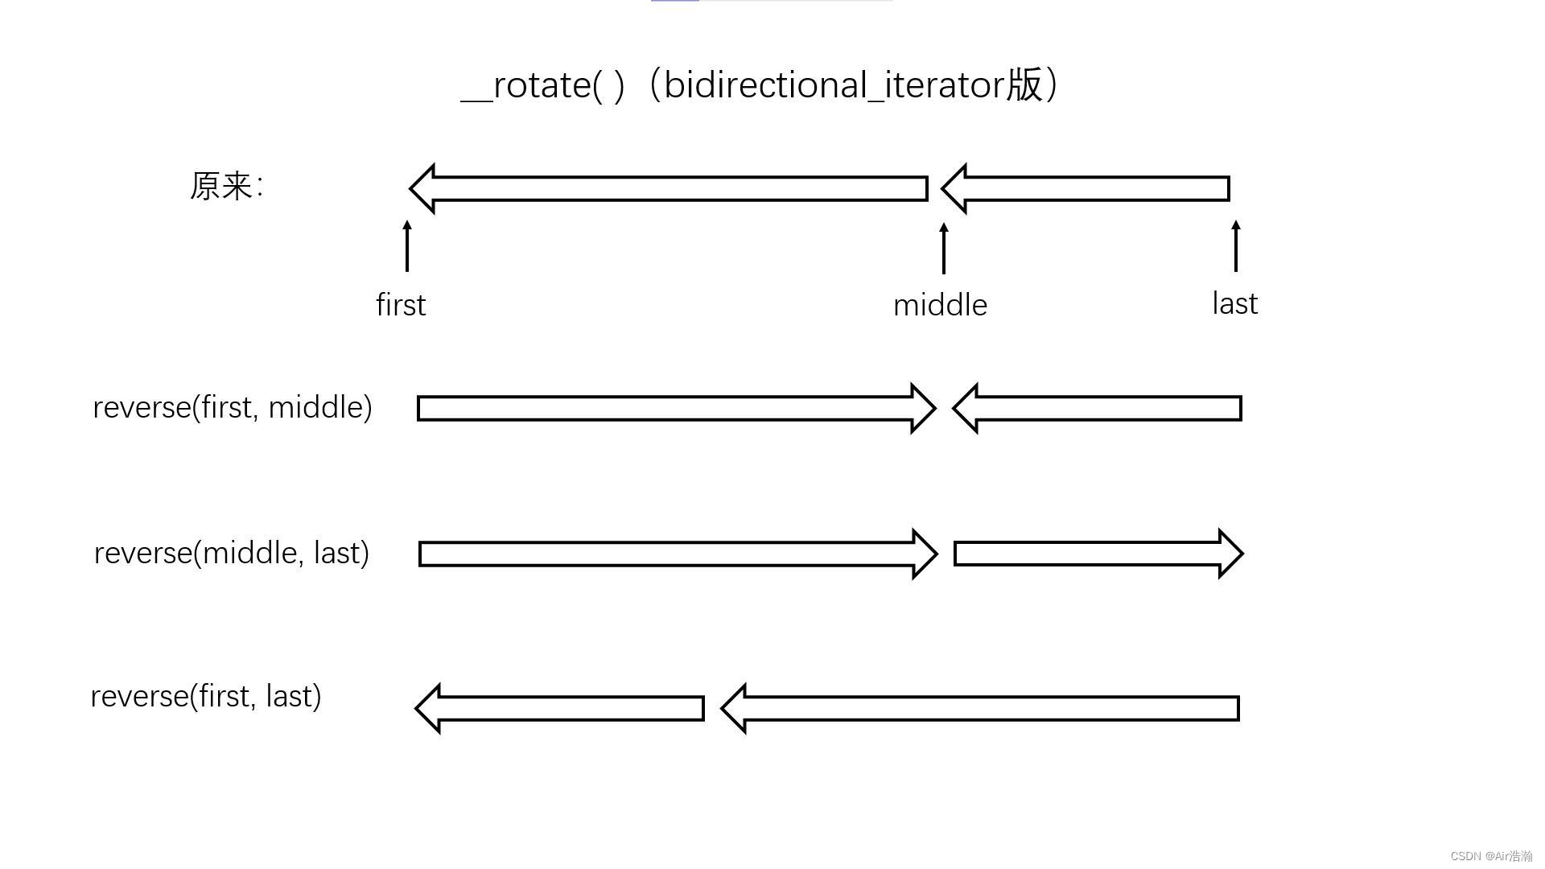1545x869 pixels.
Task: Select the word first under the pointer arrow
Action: click(x=401, y=305)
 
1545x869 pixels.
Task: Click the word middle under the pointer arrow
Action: click(x=940, y=305)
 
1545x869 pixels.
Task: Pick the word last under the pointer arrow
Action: click(x=1235, y=303)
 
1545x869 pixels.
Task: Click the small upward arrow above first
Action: click(x=407, y=245)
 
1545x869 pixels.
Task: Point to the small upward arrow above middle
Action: click(x=944, y=248)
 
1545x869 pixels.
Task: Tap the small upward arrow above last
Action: click(x=1236, y=245)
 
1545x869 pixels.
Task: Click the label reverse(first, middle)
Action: click(x=233, y=408)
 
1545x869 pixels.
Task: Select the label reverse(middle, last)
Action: click(x=232, y=554)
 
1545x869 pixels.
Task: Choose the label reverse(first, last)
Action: click(x=206, y=697)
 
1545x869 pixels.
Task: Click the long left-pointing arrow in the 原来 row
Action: click(x=669, y=189)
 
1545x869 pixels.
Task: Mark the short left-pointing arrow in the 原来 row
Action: click(x=1086, y=189)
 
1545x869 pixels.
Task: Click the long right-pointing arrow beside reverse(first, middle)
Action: click(x=677, y=409)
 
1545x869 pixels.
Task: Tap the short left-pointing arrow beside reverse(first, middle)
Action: click(x=1098, y=409)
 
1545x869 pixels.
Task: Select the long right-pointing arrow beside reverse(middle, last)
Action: click(x=678, y=554)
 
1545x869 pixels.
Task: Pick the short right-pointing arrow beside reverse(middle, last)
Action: click(x=1099, y=554)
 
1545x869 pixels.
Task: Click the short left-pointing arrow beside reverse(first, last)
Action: click(x=560, y=709)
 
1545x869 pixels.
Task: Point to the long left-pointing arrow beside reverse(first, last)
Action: click(x=980, y=709)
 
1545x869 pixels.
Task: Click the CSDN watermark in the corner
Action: click(x=1491, y=856)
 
